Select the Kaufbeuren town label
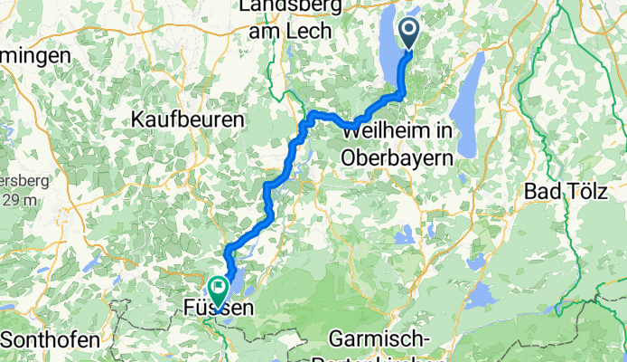pyautogui.click(x=188, y=119)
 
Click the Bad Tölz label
pyautogui.click(x=565, y=192)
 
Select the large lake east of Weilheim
pyautogui.click(x=469, y=113)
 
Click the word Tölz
pyautogui.click(x=582, y=192)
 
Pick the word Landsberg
pyautogui.click(x=284, y=8)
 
